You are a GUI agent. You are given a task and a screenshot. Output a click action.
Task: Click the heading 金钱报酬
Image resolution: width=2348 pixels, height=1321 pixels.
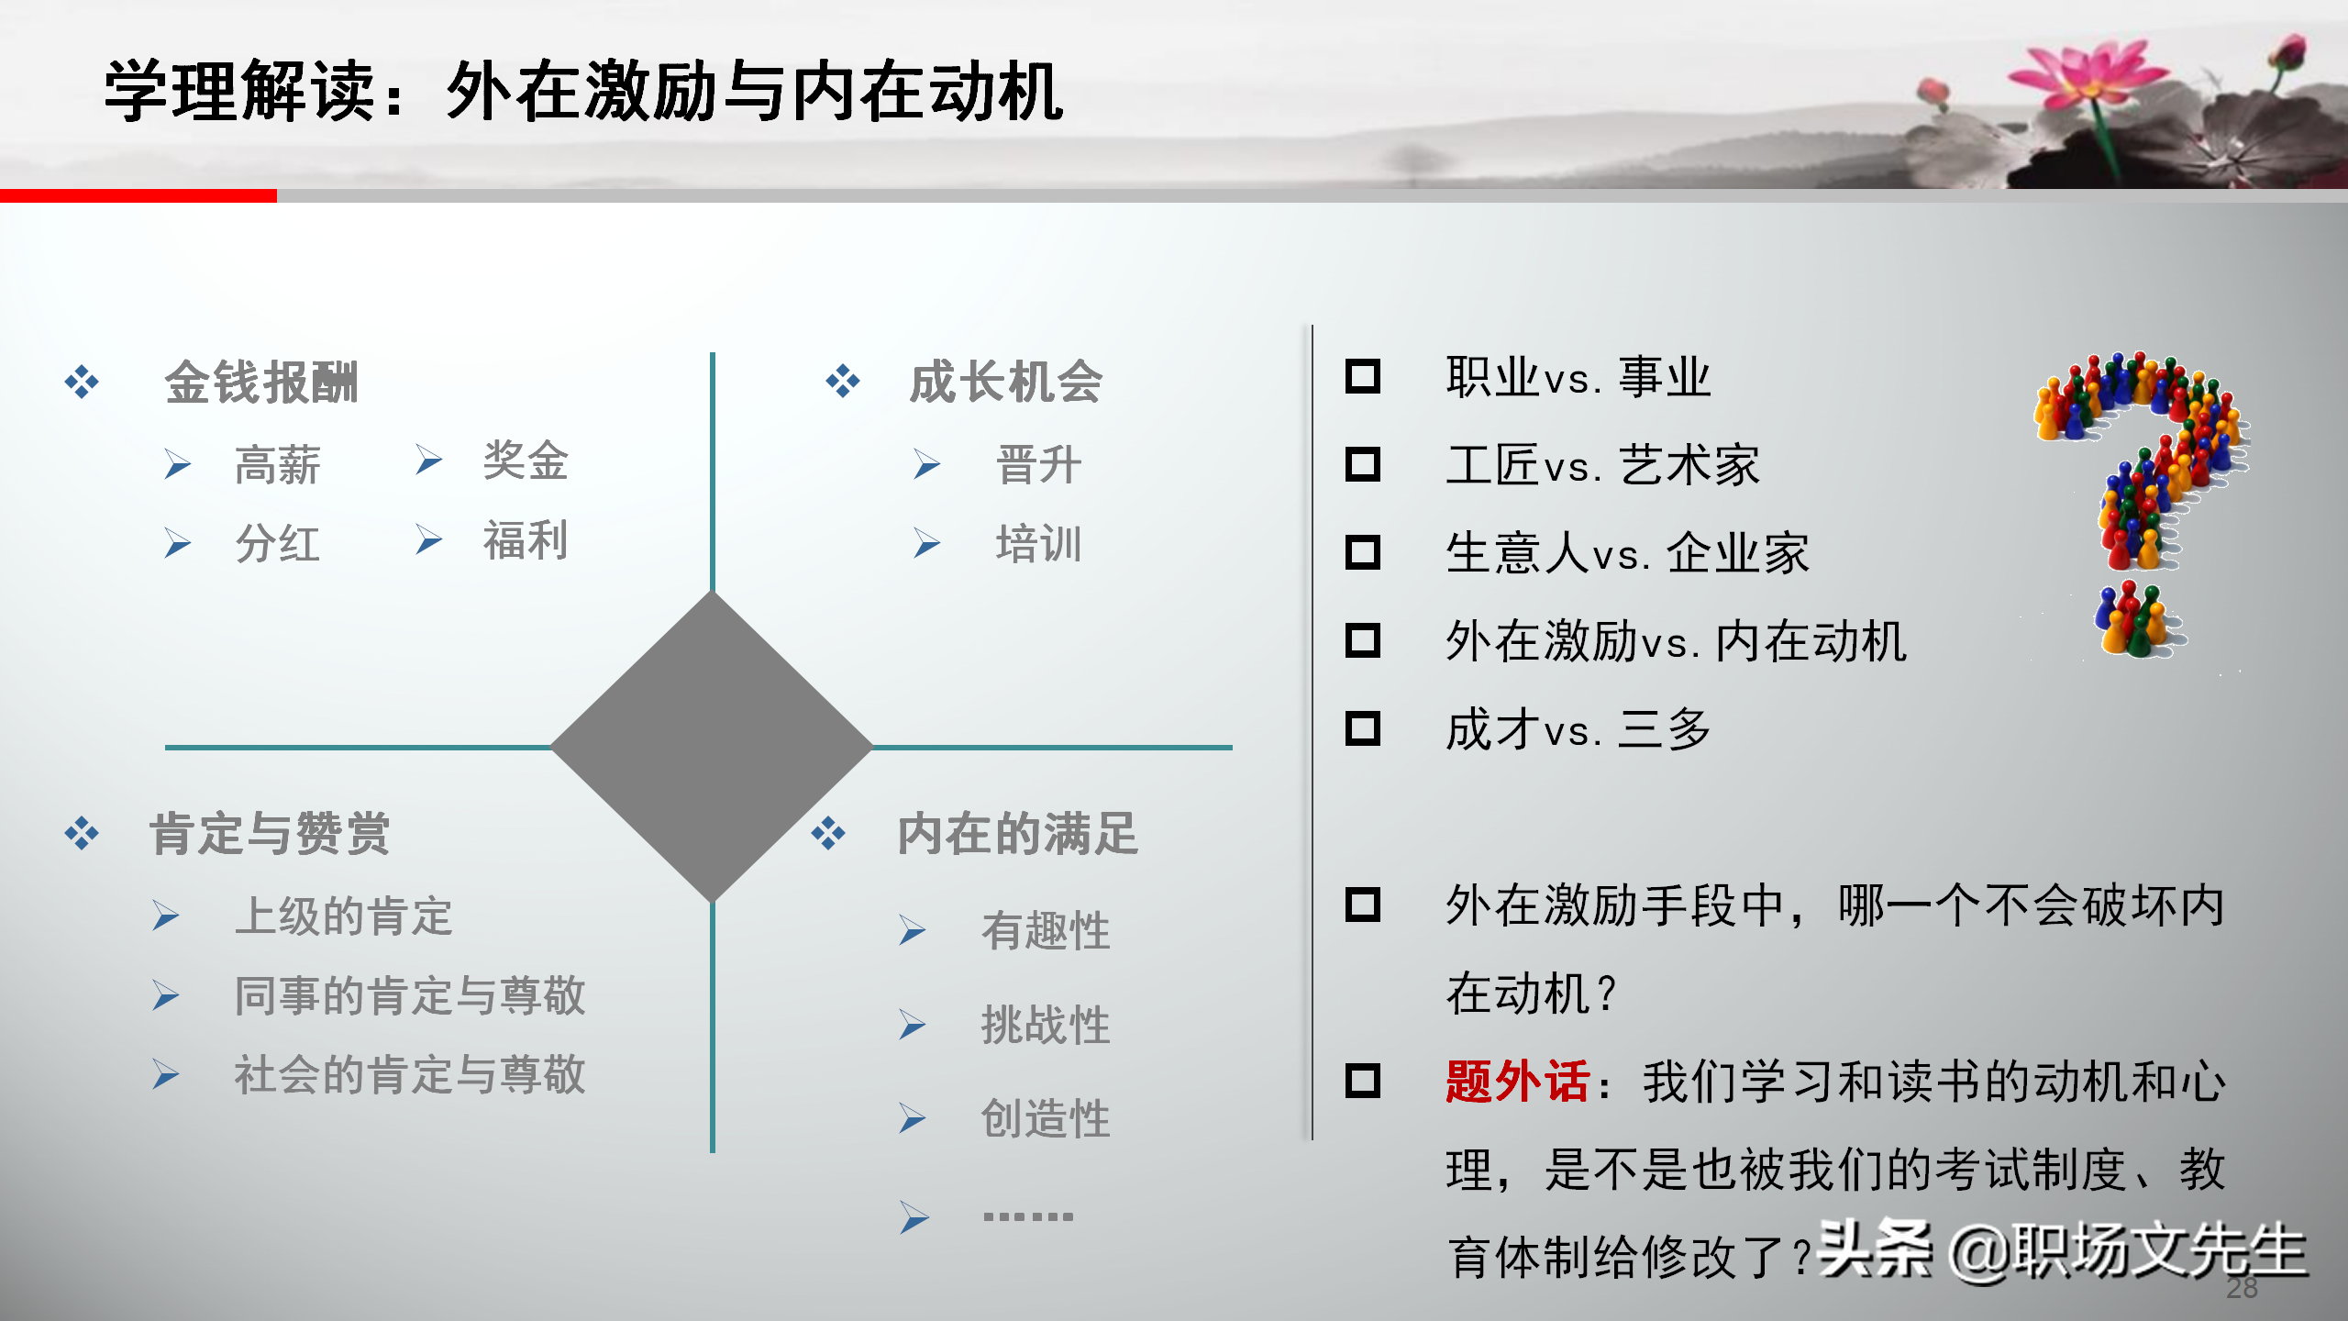261,383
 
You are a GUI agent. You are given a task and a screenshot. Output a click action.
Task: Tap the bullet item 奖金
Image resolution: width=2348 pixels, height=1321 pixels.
526,460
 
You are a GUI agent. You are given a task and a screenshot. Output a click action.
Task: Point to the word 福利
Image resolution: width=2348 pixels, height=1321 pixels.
526,540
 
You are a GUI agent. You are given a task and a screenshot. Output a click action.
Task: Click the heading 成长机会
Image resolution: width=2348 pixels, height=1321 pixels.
1005,382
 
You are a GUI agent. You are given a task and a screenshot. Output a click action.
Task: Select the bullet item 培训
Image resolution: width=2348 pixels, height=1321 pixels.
1038,544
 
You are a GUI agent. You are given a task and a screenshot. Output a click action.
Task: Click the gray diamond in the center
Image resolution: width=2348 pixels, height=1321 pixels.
712,747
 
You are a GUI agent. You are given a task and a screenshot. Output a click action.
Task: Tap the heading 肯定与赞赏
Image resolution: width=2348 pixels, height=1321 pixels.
270,834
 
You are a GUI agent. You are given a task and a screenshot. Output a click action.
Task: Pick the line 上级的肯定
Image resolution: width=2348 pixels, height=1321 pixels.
344,916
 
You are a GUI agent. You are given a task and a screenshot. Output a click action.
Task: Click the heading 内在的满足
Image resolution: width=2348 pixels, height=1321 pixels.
1017,834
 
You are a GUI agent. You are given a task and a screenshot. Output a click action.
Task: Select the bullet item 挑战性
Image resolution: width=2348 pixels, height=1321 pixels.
1046,1025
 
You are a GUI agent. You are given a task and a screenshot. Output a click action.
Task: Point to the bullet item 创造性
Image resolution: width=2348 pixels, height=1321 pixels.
1046,1118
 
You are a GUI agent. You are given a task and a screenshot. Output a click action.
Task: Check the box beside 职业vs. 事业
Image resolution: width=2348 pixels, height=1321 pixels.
1362,376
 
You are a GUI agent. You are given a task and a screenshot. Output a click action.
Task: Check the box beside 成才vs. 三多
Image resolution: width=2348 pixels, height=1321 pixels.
1362,729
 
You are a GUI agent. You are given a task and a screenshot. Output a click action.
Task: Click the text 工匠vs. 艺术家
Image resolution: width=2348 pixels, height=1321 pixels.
1602,465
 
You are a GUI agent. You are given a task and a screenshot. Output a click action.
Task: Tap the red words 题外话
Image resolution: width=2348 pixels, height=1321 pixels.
1516,1082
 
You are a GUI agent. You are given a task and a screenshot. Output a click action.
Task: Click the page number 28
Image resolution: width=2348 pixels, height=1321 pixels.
2242,1288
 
